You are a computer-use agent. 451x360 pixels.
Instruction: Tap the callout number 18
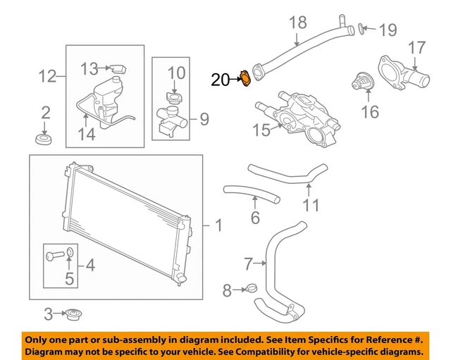coord(298,23)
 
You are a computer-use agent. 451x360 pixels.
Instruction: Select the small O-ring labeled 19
coord(362,28)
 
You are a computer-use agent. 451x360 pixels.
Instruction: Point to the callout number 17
coord(416,48)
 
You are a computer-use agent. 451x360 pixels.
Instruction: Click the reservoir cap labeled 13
coord(117,68)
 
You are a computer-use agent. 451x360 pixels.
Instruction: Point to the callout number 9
coord(204,119)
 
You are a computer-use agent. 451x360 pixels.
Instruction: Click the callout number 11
coord(311,205)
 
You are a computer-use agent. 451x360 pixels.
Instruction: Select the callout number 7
coord(248,265)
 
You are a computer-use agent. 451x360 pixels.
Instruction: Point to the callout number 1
coord(218,225)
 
